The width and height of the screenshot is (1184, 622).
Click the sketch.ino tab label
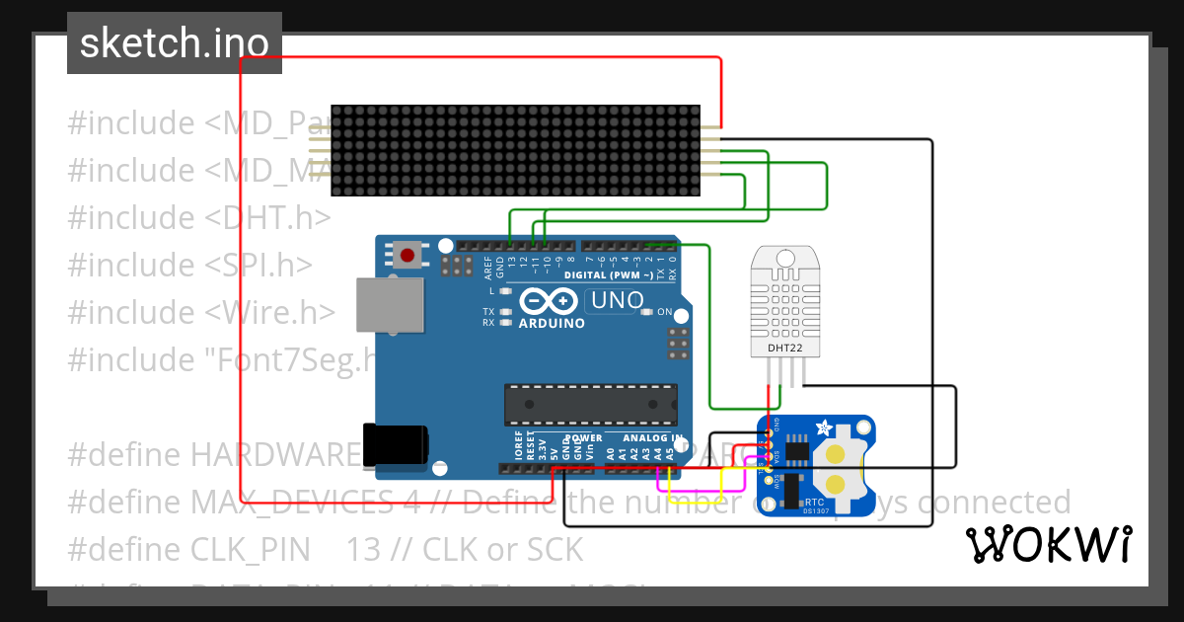(174, 43)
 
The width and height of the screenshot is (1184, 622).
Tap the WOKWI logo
(1048, 544)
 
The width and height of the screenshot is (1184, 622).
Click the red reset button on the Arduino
(407, 255)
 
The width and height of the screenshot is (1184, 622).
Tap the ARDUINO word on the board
(552, 323)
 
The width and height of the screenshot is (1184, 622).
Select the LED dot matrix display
(514, 150)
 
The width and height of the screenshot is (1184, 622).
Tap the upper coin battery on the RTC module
(837, 453)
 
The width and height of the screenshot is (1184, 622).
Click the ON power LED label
(664, 312)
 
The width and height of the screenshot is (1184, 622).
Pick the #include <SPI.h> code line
(190, 266)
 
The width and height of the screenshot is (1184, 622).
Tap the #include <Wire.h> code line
(201, 312)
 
